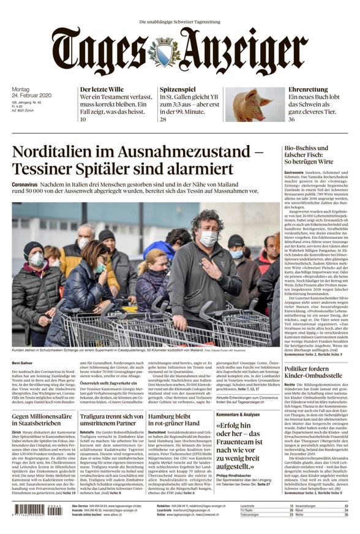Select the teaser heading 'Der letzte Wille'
click(102, 89)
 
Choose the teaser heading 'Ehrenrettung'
click(307, 89)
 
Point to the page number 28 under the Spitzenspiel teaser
click(163, 119)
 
